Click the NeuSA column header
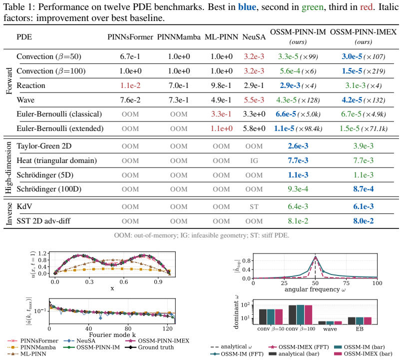tap(254, 37)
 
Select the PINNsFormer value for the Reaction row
tap(130, 85)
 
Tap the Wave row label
tap(25, 100)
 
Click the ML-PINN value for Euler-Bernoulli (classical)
tap(221, 114)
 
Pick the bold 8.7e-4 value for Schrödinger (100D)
tap(363, 189)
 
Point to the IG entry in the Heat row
tap(254, 160)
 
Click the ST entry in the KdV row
tap(254, 206)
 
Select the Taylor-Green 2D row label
tap(44, 146)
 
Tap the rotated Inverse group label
tap(8, 213)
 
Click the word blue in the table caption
tap(247, 7)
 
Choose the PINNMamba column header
tap(179, 37)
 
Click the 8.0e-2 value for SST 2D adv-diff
tap(363, 221)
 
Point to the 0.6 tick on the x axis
tap(123, 281)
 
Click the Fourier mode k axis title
tap(112, 334)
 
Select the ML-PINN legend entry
tap(27, 354)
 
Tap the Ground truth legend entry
tap(149, 347)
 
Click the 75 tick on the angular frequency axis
tap(346, 283)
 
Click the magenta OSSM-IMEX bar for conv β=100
tap(309, 315)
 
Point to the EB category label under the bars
tap(360, 329)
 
